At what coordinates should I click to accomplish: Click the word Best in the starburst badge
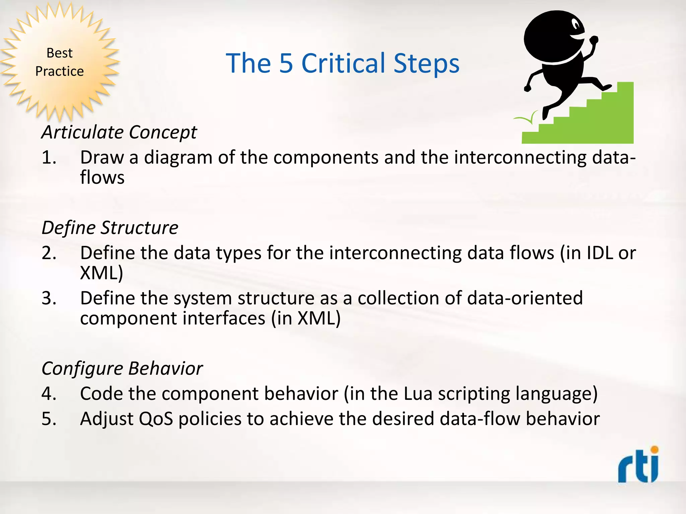pos(59,53)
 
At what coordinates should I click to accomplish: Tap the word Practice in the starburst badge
pos(59,71)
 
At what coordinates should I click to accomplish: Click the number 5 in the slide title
pos(286,63)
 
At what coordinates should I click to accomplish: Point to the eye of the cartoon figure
pos(576,25)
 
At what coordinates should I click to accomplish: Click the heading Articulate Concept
pos(119,132)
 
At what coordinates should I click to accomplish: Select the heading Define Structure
pos(110,228)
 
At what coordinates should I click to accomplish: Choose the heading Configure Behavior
pos(122,369)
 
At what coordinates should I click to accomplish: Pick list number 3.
pos(49,298)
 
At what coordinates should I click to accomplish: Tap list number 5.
pos(49,419)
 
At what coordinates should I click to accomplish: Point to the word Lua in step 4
pos(418,394)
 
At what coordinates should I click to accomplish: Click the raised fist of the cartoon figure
pos(594,40)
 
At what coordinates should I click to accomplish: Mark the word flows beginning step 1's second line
pos(102,177)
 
